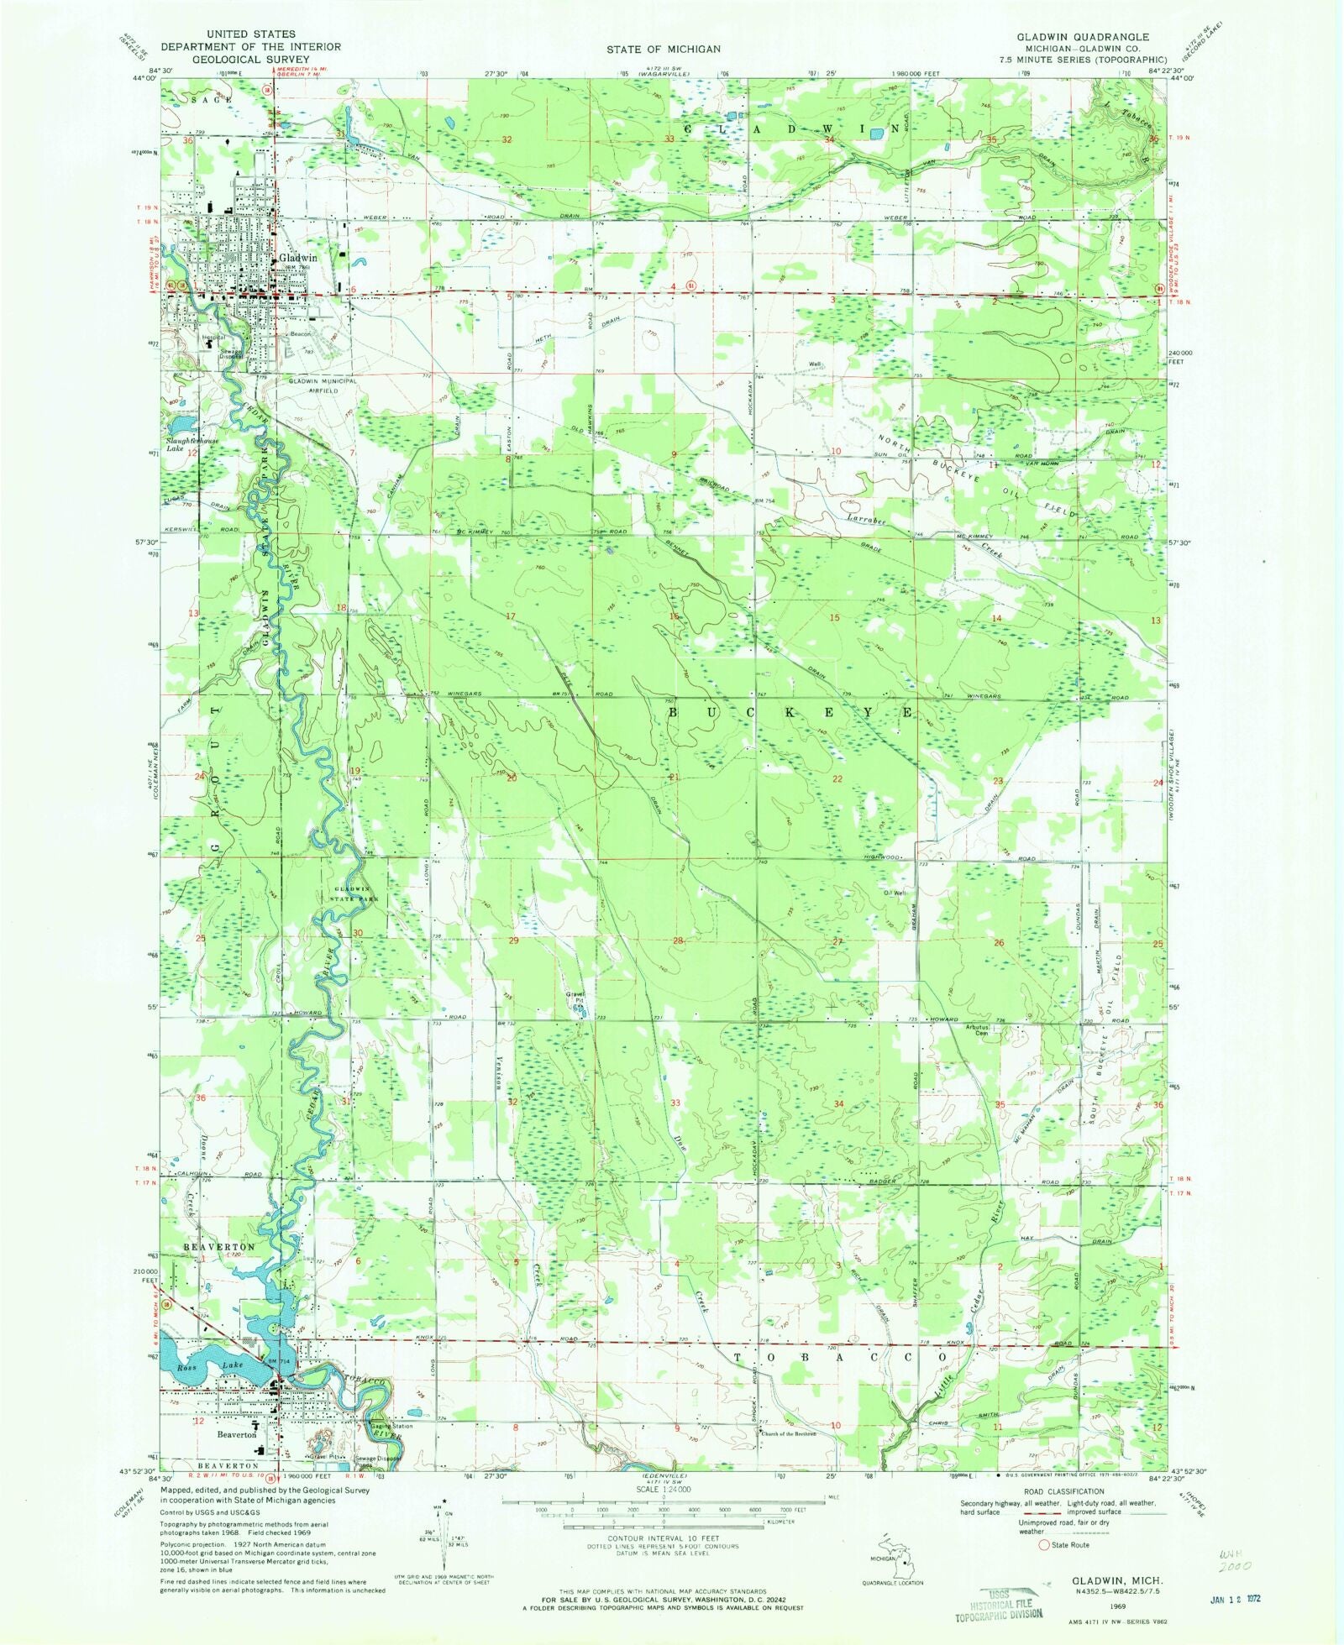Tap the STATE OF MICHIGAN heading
pyautogui.click(x=663, y=49)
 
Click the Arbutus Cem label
pyautogui.click(x=974, y=1029)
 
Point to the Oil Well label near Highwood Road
pyautogui.click(x=893, y=893)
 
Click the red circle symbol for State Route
pyautogui.click(x=1044, y=1544)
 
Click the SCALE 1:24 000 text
pyautogui.click(x=663, y=1489)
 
